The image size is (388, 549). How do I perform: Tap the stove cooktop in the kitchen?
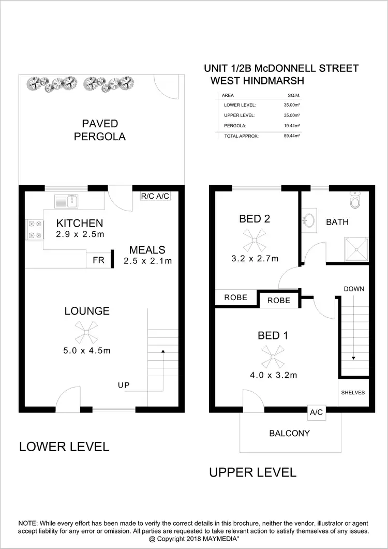34,229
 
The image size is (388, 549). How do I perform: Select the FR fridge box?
98,260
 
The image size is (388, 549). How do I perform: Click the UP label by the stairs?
124,385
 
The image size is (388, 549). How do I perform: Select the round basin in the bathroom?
309,220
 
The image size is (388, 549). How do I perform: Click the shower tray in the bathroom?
355,249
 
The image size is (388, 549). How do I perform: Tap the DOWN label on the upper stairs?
354,289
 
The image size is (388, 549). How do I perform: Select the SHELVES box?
353,393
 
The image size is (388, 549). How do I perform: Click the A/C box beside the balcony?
316,412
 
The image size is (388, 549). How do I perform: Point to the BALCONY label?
290,433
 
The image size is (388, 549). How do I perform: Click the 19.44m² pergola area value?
292,126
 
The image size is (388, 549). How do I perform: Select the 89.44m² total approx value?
292,137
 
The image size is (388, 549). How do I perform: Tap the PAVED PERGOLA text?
100,130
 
